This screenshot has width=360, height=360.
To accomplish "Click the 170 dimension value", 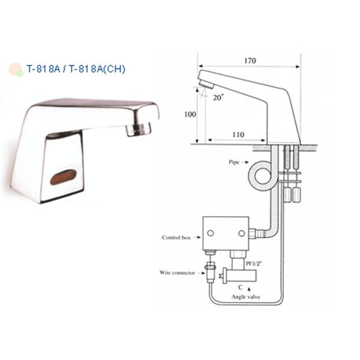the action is click(250, 61).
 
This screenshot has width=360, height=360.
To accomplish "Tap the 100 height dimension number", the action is click(190, 115).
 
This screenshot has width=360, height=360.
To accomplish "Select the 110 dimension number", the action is click(238, 134).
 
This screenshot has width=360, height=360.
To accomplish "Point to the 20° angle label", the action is click(218, 98).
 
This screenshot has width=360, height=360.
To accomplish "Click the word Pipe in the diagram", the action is click(234, 163).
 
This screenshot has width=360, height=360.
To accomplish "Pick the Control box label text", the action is click(176, 238).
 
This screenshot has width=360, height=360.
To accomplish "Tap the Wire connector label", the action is click(177, 273).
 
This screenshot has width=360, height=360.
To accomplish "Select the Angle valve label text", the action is click(245, 297).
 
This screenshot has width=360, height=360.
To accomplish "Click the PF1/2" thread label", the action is click(254, 263).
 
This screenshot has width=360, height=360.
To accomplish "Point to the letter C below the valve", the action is click(240, 287).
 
